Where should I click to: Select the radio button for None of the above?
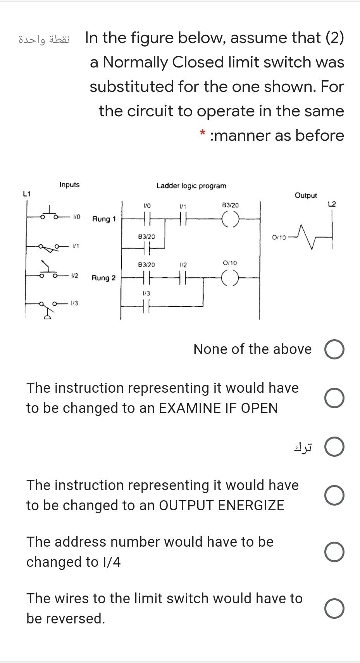click(x=334, y=350)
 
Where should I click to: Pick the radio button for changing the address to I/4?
click(x=334, y=552)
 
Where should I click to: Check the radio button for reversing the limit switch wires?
click(x=334, y=608)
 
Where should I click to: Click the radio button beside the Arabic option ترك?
click(x=334, y=447)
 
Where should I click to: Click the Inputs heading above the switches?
click(x=69, y=185)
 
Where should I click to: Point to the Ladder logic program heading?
click(x=191, y=186)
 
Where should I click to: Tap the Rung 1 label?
click(x=103, y=219)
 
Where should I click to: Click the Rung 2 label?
click(x=103, y=278)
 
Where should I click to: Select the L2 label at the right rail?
click(x=332, y=204)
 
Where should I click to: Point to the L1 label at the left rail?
click(x=27, y=193)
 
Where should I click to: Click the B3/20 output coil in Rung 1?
click(x=231, y=219)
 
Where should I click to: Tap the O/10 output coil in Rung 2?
click(x=231, y=278)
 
